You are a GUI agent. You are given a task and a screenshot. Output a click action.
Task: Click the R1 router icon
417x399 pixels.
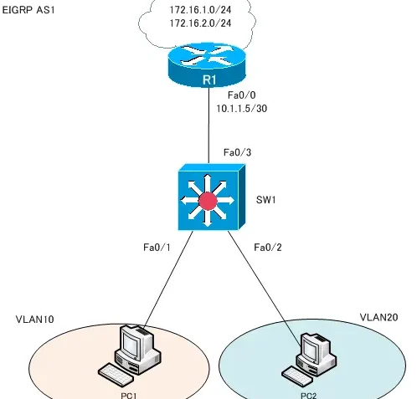(x=207, y=67)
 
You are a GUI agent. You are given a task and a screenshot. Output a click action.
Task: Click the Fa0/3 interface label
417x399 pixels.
(x=237, y=152)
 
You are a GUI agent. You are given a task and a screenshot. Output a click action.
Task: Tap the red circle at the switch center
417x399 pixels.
(x=207, y=200)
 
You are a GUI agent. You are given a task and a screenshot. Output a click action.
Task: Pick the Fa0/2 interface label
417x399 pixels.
(x=268, y=247)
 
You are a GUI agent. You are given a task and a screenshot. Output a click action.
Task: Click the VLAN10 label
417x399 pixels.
(x=36, y=320)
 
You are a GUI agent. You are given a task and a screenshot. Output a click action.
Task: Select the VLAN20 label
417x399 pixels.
(x=378, y=318)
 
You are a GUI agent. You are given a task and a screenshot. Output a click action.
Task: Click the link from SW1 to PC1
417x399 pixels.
(x=167, y=276)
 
